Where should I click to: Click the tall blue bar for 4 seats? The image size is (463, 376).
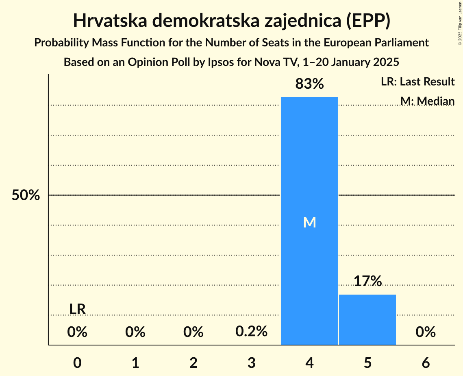click(309, 163)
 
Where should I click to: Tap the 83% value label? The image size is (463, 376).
click(309, 84)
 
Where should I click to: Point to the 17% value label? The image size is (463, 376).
click(367, 281)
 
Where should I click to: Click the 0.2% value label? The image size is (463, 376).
click(251, 332)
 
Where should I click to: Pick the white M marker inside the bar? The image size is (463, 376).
click(309, 222)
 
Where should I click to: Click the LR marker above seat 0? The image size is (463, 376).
click(77, 309)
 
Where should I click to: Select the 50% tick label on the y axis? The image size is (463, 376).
click(26, 195)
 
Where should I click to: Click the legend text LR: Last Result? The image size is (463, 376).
click(417, 82)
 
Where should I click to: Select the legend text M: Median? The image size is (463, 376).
click(427, 101)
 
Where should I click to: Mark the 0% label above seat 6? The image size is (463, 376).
click(426, 332)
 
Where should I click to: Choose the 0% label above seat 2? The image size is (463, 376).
click(193, 332)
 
